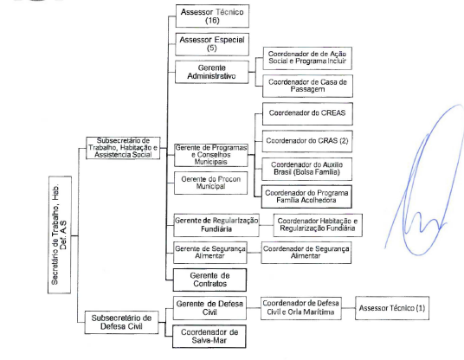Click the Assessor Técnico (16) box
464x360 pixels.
tap(212, 16)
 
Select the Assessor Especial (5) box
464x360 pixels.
tap(212, 44)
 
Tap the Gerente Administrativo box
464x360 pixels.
tap(211, 72)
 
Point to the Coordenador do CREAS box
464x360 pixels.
tap(307, 113)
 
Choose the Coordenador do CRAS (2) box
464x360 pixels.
tap(307, 141)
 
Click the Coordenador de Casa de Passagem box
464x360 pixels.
tap(307, 86)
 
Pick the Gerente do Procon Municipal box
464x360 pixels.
tap(210, 183)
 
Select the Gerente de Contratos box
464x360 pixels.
tap(209, 280)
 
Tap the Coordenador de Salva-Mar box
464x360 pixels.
tap(209, 337)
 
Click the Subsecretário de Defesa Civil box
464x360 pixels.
tap(121, 322)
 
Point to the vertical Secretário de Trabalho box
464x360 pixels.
tap(60, 235)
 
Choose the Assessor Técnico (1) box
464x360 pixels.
tap(392, 308)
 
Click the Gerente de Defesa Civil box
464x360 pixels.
tap(209, 308)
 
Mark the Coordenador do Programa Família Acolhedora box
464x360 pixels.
tap(306, 196)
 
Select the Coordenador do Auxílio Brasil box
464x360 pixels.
tap(306, 169)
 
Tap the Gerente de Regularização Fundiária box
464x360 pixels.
tap(216, 225)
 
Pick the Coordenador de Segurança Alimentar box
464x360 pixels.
tap(306, 253)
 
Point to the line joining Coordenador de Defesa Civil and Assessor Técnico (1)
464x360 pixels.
tap(348, 308)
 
